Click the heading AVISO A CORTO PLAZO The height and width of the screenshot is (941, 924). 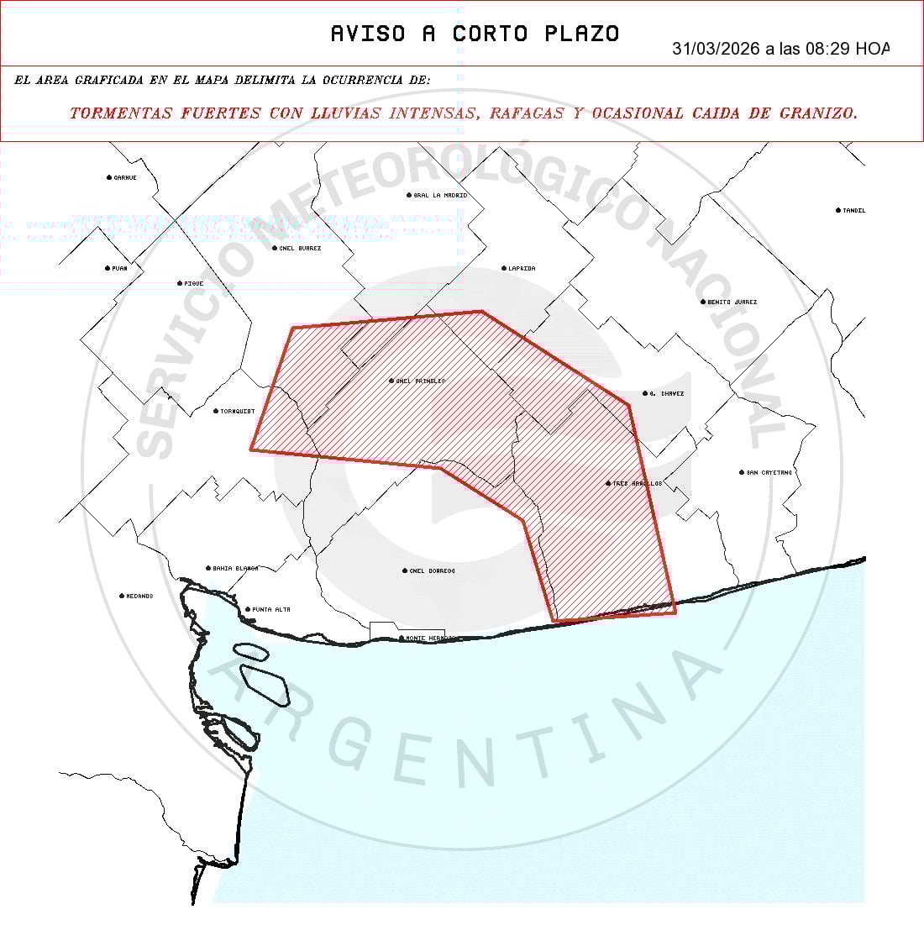pos(475,34)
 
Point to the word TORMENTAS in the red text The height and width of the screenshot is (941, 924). pos(121,113)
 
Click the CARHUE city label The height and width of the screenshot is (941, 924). pos(124,177)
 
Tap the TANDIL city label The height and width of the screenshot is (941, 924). pos(853,210)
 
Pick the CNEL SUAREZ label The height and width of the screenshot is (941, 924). pos(300,248)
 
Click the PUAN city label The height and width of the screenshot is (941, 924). pos(119,268)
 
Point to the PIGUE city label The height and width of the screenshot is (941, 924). pos(193,283)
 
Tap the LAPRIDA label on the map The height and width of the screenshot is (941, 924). pos(521,268)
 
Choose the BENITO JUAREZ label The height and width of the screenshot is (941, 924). pos(732,302)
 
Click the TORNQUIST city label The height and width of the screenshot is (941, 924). pos(237,411)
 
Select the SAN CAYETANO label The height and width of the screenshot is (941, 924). pos(769,472)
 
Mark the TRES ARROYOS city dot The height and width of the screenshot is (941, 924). pos(608,483)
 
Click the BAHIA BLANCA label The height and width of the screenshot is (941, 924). pos(234,568)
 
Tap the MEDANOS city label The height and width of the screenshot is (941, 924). pos(139,596)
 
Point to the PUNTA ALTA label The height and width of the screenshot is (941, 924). pos(270,609)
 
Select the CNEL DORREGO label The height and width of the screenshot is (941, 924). pos(432,570)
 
